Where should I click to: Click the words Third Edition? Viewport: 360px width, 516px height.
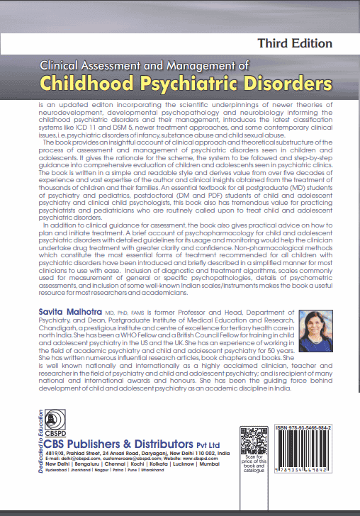click(296, 43)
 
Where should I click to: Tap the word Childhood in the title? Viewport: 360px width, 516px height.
click(91, 84)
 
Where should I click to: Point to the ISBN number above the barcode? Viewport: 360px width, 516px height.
click(307, 430)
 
